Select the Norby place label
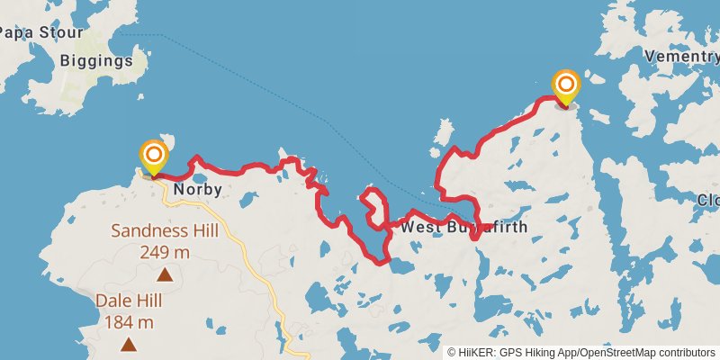coord(197,190)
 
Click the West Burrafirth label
coord(463,227)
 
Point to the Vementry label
coord(681,57)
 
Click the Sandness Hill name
coord(165,230)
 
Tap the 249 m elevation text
coord(165,251)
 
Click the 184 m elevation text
coord(129,322)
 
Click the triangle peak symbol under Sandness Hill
coord(165,274)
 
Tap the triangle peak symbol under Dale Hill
coord(129,344)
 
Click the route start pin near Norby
coord(153,157)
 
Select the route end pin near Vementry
coord(566,88)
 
